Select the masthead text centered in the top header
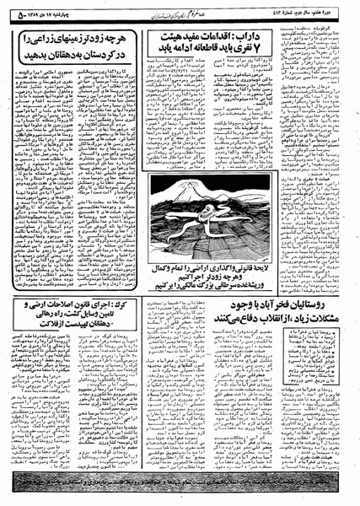[176, 10]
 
